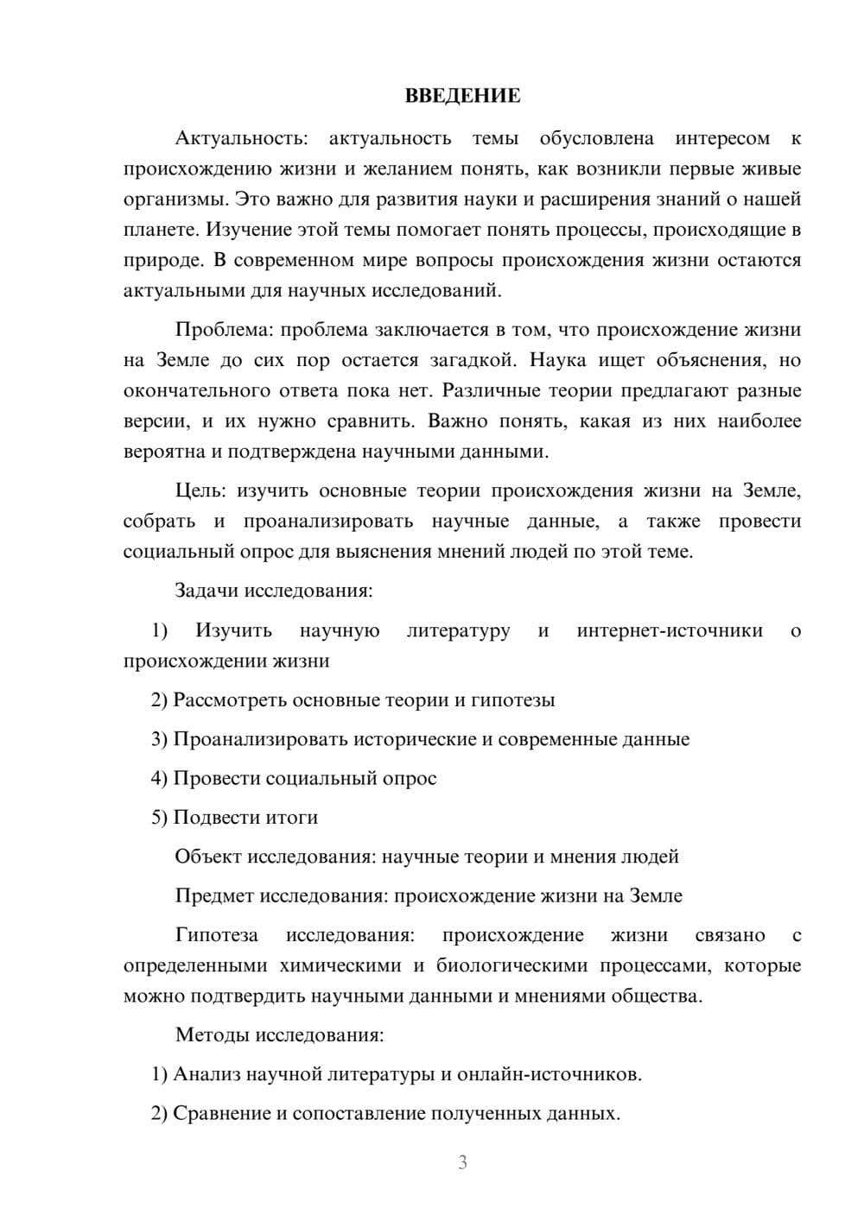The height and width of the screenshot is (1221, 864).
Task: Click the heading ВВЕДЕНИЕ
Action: click(462, 96)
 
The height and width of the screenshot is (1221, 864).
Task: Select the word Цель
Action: click(200, 490)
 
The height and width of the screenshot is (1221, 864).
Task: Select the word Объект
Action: click(208, 857)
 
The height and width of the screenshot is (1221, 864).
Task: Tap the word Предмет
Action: click(214, 895)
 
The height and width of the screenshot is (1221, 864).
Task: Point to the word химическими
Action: click(340, 965)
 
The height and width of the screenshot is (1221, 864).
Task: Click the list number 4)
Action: click(159, 778)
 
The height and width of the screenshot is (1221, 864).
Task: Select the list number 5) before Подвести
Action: click(159, 817)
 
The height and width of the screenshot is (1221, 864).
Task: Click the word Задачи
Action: click(206, 592)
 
